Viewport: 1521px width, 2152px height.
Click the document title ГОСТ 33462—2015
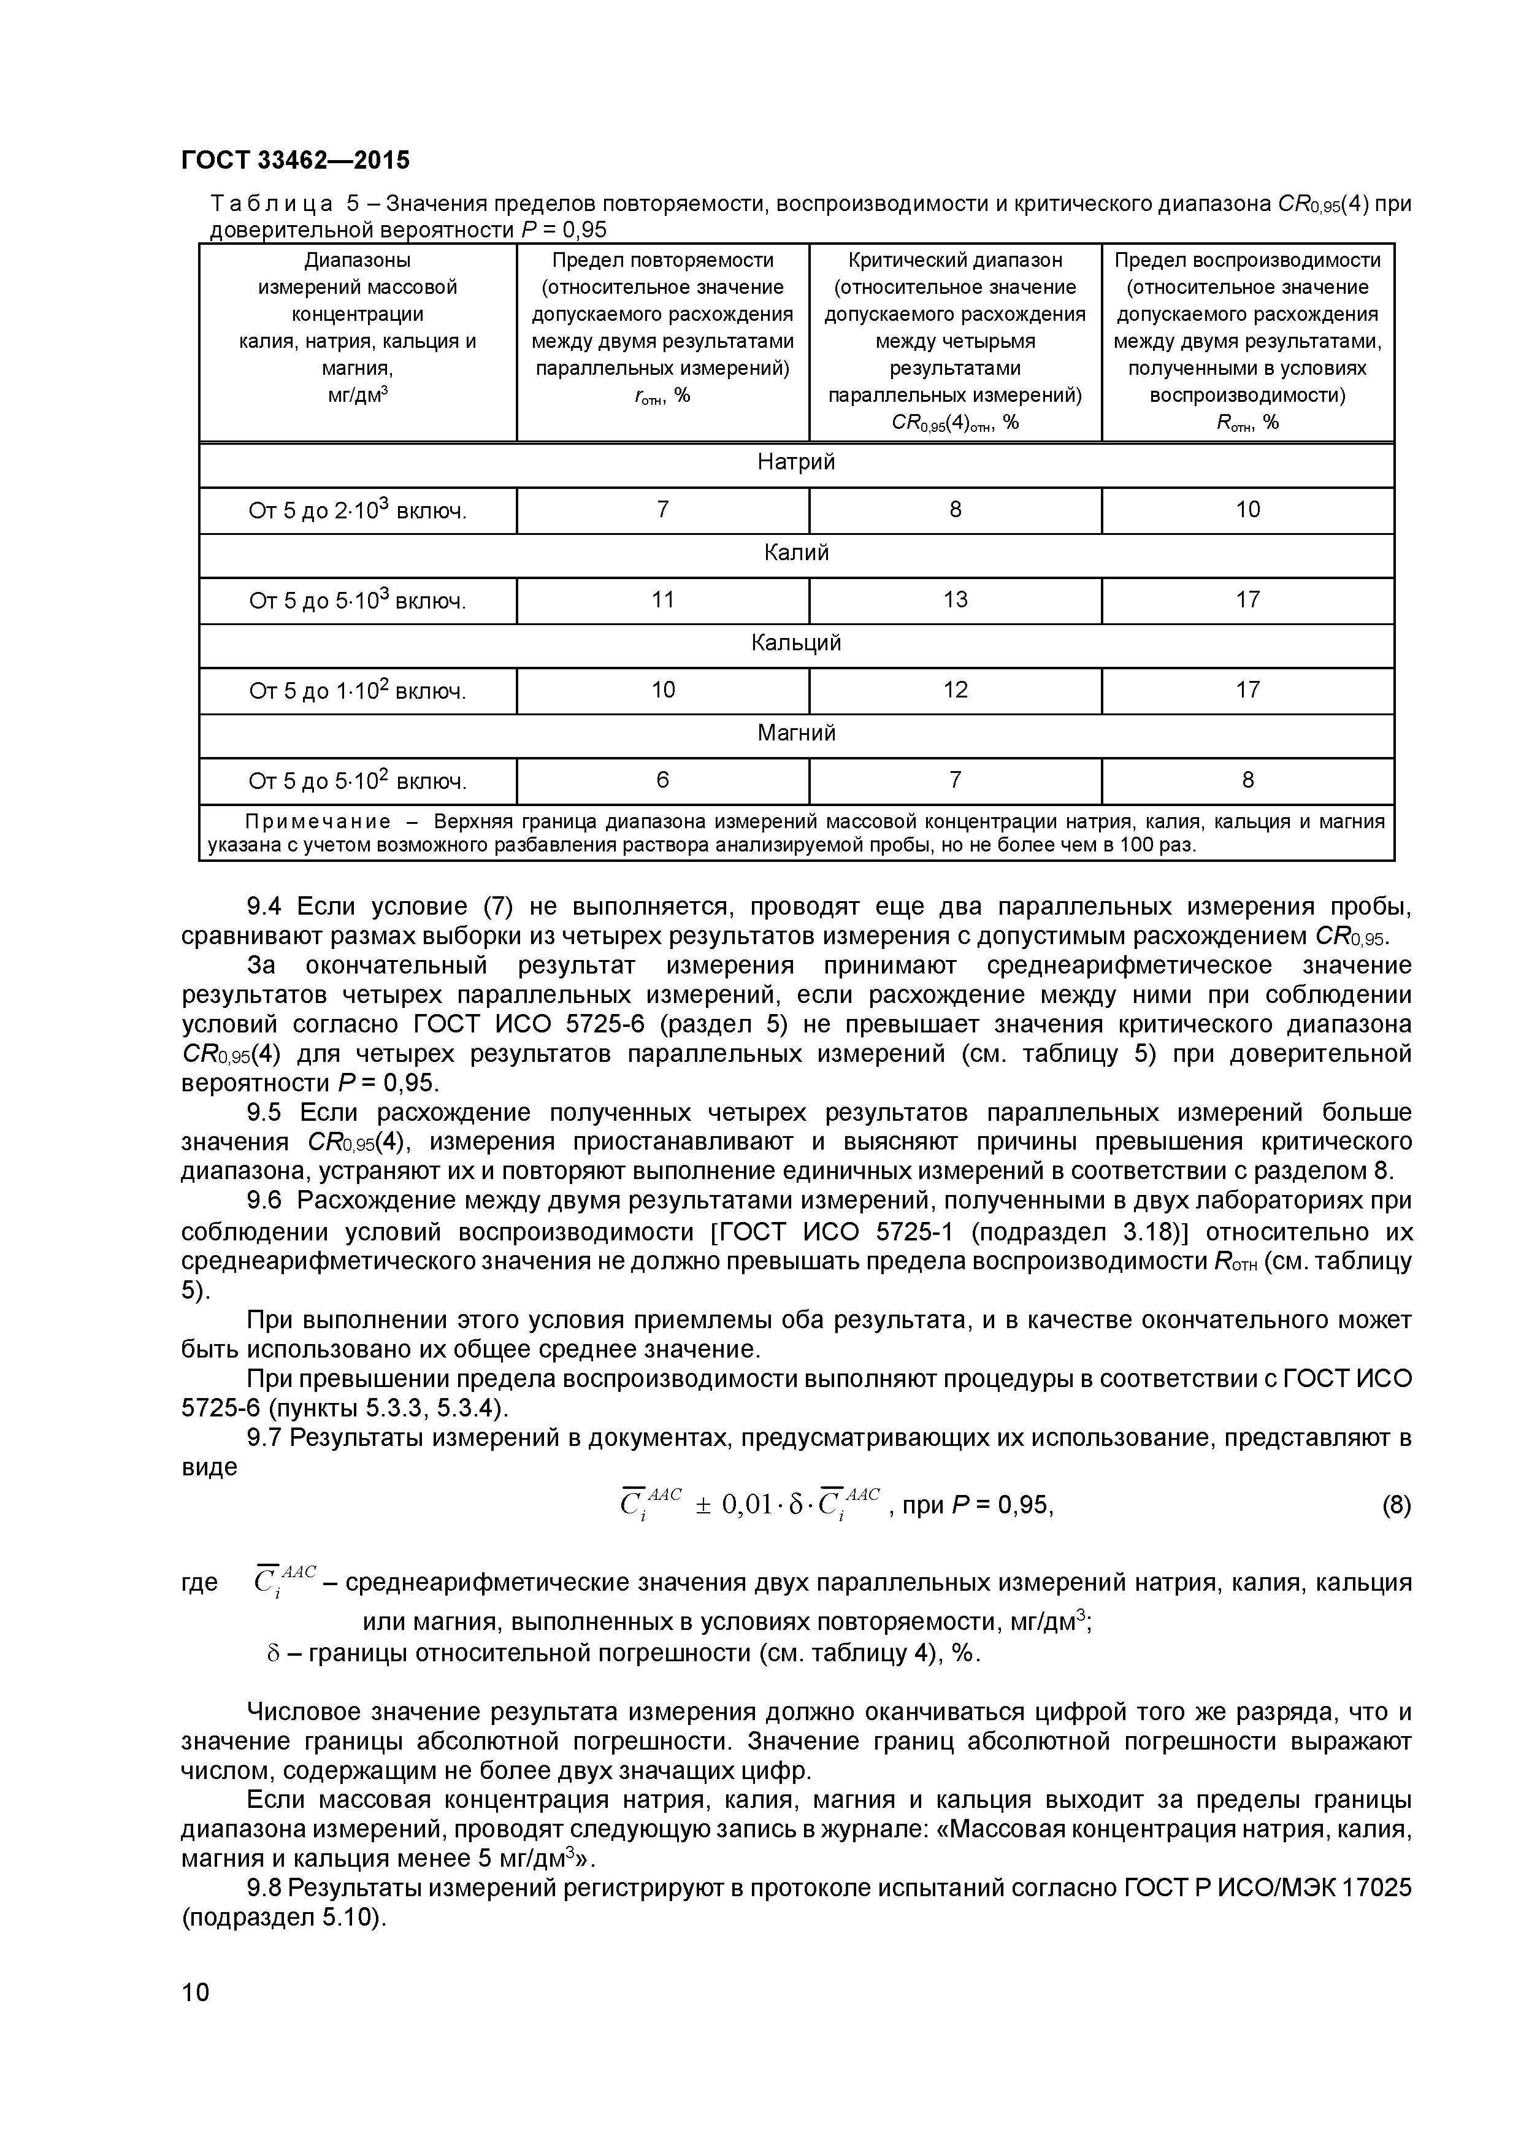pos(295,160)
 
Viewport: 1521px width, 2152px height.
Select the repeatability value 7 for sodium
pos(662,510)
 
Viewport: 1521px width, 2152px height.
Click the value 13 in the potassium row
pos(955,600)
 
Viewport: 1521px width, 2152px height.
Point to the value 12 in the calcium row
pos(955,690)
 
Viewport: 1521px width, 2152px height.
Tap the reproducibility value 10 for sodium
pos(1247,510)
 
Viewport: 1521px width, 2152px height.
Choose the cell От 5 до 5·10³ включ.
pos(357,600)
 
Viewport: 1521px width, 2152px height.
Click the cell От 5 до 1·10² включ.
pos(357,691)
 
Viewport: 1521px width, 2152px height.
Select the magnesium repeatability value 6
pos(662,780)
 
